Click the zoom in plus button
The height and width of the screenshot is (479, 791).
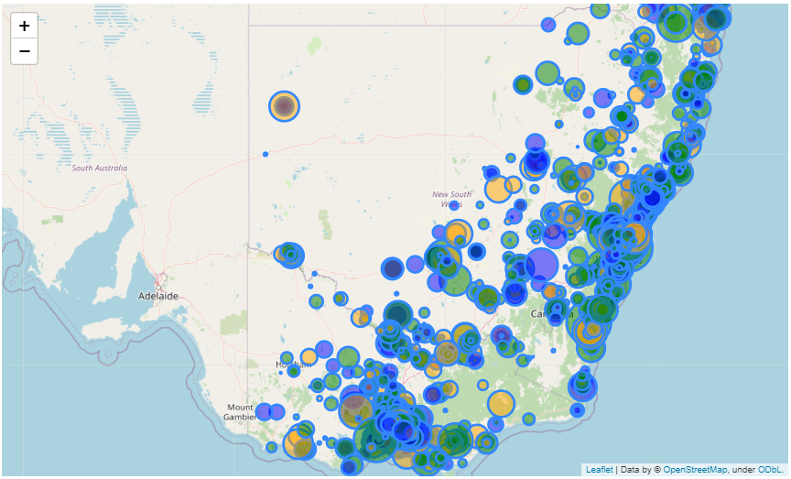(x=25, y=27)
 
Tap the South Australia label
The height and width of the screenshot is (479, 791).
(x=100, y=168)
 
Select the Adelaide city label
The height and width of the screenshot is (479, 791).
(x=157, y=296)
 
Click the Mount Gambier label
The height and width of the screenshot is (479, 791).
(x=240, y=411)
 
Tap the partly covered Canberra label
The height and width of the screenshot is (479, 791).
(x=547, y=314)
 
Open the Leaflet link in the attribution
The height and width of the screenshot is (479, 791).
(x=599, y=469)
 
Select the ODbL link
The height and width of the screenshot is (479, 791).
(x=769, y=469)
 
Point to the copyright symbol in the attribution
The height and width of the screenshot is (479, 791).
(x=656, y=469)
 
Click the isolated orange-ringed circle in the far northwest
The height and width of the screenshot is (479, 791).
(x=285, y=106)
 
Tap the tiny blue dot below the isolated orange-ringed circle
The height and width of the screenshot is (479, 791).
(x=265, y=154)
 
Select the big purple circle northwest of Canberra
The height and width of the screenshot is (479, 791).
(x=541, y=265)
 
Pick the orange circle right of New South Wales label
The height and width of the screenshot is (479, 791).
(x=498, y=190)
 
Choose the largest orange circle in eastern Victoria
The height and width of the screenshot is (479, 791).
(x=501, y=403)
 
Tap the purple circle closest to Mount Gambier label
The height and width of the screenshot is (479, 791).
(x=264, y=411)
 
